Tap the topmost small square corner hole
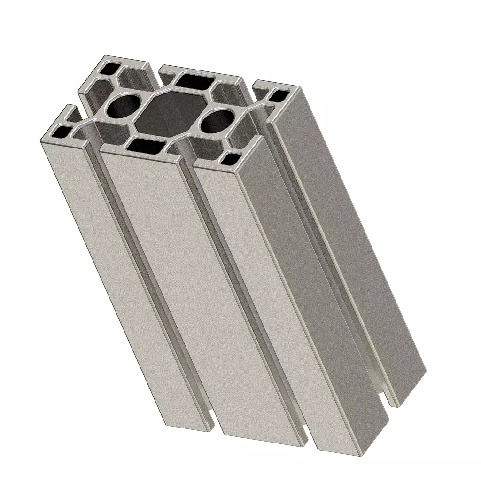(x=109, y=70)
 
